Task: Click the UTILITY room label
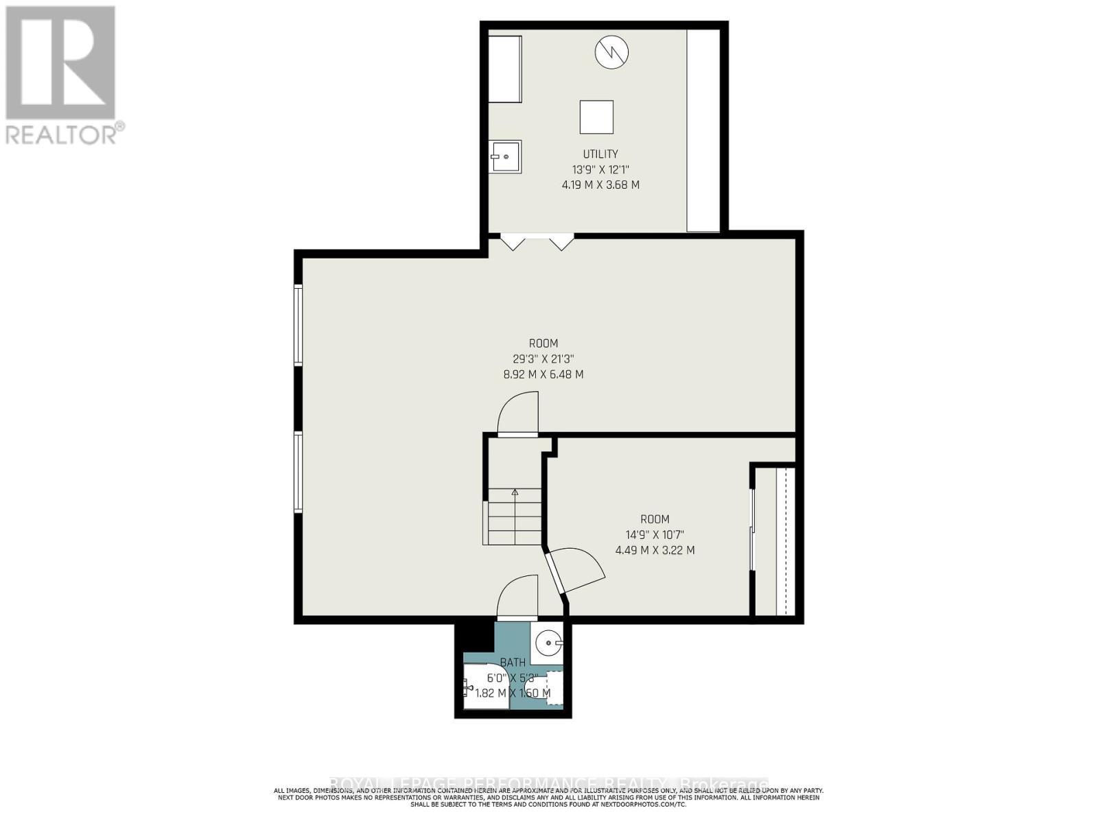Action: click(600, 154)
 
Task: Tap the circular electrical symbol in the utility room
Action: click(611, 52)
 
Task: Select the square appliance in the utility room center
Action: click(596, 117)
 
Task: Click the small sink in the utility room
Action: click(506, 156)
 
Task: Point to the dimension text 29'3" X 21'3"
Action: click(543, 359)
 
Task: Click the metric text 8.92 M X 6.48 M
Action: click(543, 374)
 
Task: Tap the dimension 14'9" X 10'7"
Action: click(655, 535)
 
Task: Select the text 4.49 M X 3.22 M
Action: click(655, 550)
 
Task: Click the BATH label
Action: click(513, 663)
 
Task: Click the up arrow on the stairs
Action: click(515, 491)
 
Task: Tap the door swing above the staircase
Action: click(517, 414)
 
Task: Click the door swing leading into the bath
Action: click(517, 597)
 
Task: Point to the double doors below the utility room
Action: click(537, 241)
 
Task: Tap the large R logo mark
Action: click(60, 62)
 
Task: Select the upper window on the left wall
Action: click(299, 324)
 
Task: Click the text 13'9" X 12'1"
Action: click(600, 169)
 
